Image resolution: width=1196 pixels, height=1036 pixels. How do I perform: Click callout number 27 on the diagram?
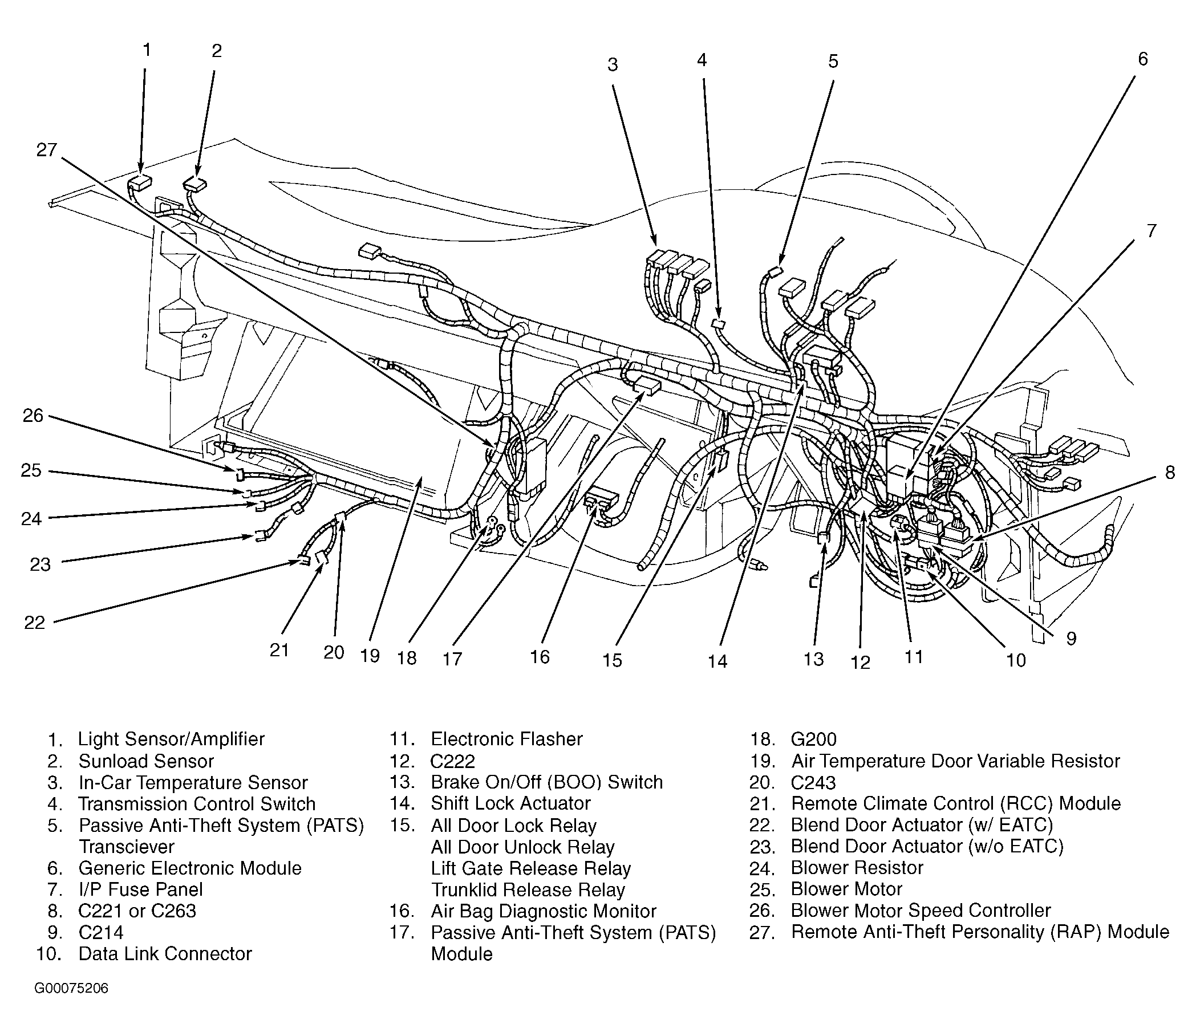point(46,151)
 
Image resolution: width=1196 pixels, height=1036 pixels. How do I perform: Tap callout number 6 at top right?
point(1142,59)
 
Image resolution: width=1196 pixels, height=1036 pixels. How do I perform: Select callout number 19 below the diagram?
point(370,656)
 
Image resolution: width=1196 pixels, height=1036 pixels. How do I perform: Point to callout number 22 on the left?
point(35,622)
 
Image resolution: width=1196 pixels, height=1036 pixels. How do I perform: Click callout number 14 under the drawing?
point(717,661)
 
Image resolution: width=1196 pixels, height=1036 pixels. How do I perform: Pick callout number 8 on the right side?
point(1170,472)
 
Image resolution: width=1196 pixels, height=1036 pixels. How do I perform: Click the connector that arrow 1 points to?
point(139,182)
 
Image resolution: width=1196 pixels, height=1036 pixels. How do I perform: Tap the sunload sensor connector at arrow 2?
point(196,184)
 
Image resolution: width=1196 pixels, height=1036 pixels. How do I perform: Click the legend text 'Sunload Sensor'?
point(146,761)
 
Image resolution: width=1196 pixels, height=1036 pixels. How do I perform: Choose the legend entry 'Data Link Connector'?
point(165,953)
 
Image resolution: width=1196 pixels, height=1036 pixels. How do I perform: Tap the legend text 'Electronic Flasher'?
point(506,739)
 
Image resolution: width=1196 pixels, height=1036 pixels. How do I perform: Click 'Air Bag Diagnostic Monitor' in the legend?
point(543,911)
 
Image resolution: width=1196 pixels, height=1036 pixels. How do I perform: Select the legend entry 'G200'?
point(813,740)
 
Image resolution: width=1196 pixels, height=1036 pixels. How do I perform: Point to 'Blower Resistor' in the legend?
point(857,867)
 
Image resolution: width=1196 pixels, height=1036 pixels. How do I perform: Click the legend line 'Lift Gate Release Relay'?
point(530,868)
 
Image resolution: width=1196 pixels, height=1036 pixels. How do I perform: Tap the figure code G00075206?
point(71,988)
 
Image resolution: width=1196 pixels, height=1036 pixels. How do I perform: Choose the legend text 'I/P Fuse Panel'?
point(140,889)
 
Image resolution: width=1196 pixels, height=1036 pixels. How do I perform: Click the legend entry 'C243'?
point(813,782)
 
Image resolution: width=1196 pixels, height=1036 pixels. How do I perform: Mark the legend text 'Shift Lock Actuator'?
point(510,803)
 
